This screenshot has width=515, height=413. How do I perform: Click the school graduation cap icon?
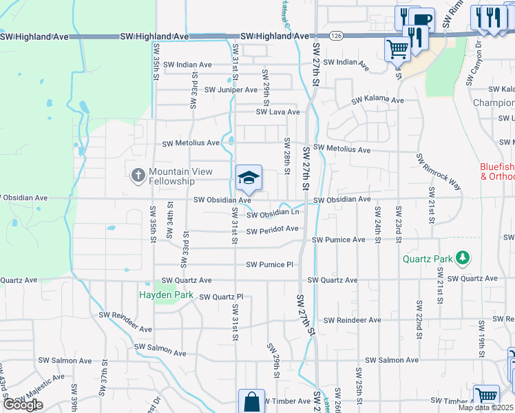249,178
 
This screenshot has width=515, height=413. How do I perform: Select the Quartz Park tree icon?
463,258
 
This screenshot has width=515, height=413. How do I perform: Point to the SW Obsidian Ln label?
273,214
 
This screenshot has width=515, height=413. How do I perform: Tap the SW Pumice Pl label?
270,264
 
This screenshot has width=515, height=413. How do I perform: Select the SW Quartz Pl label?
221,297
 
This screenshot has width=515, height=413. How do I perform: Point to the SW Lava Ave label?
278,112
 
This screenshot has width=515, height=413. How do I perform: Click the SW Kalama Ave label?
377,100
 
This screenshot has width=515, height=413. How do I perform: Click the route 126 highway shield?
335,35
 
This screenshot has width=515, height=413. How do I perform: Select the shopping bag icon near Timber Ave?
251,402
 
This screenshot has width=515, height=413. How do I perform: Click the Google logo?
22,405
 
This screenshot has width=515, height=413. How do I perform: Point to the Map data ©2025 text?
485,407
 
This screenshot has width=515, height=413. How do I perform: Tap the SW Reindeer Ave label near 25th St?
353,320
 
